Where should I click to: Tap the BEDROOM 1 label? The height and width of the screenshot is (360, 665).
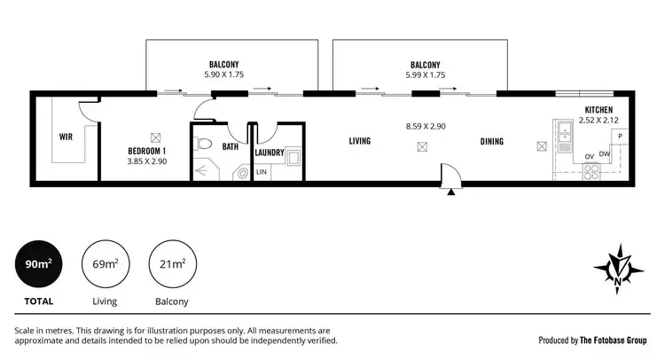pyautogui.click(x=147, y=151)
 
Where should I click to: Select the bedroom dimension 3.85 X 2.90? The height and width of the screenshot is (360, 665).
pyautogui.click(x=147, y=162)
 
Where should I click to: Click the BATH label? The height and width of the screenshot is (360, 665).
pyautogui.click(x=231, y=146)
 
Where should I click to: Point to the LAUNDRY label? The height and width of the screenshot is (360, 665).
pyautogui.click(x=269, y=153)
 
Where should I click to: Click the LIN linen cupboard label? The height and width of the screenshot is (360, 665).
pyautogui.click(x=262, y=171)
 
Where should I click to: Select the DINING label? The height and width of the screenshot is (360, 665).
pyautogui.click(x=492, y=142)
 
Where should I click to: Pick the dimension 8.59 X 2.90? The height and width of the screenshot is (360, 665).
pyautogui.click(x=426, y=127)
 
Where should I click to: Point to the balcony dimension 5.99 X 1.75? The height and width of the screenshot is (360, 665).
pyautogui.click(x=426, y=75)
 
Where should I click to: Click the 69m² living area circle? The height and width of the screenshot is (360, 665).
pyautogui.click(x=104, y=264)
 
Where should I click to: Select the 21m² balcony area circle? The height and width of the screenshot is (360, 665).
pyautogui.click(x=171, y=264)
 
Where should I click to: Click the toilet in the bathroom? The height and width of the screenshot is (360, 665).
pyautogui.click(x=203, y=143)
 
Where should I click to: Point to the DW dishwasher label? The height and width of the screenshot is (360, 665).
pyautogui.click(x=604, y=156)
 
